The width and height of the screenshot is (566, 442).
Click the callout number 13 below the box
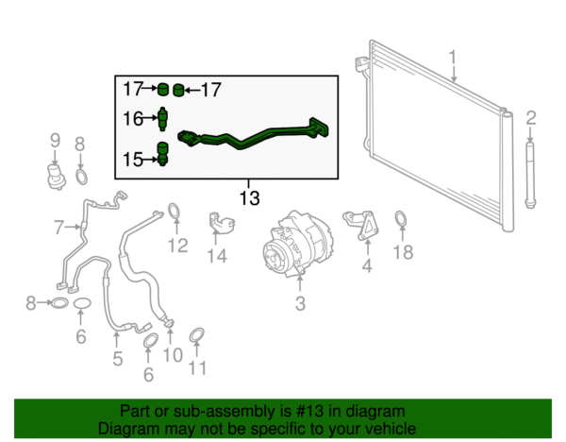[x=249, y=198]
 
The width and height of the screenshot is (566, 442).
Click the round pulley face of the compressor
[x=277, y=258]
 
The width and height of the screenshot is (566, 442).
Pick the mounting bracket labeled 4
[x=361, y=225]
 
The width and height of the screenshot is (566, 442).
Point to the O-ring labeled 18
[x=401, y=220]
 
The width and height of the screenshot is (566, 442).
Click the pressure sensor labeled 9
[x=57, y=176]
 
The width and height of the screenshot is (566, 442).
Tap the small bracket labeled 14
[x=222, y=223]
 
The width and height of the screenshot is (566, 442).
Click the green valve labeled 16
[x=163, y=119]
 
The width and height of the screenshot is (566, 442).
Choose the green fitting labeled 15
[x=162, y=154]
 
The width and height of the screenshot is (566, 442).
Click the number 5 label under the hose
[x=118, y=359]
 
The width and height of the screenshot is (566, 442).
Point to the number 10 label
[x=173, y=355]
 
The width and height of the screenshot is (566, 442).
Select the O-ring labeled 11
[x=197, y=334]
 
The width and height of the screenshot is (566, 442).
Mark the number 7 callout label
[x=59, y=228]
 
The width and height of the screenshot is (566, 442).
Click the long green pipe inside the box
[x=253, y=135]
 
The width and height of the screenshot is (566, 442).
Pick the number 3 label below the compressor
[x=300, y=303]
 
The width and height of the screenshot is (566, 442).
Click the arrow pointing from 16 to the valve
[x=150, y=118]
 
